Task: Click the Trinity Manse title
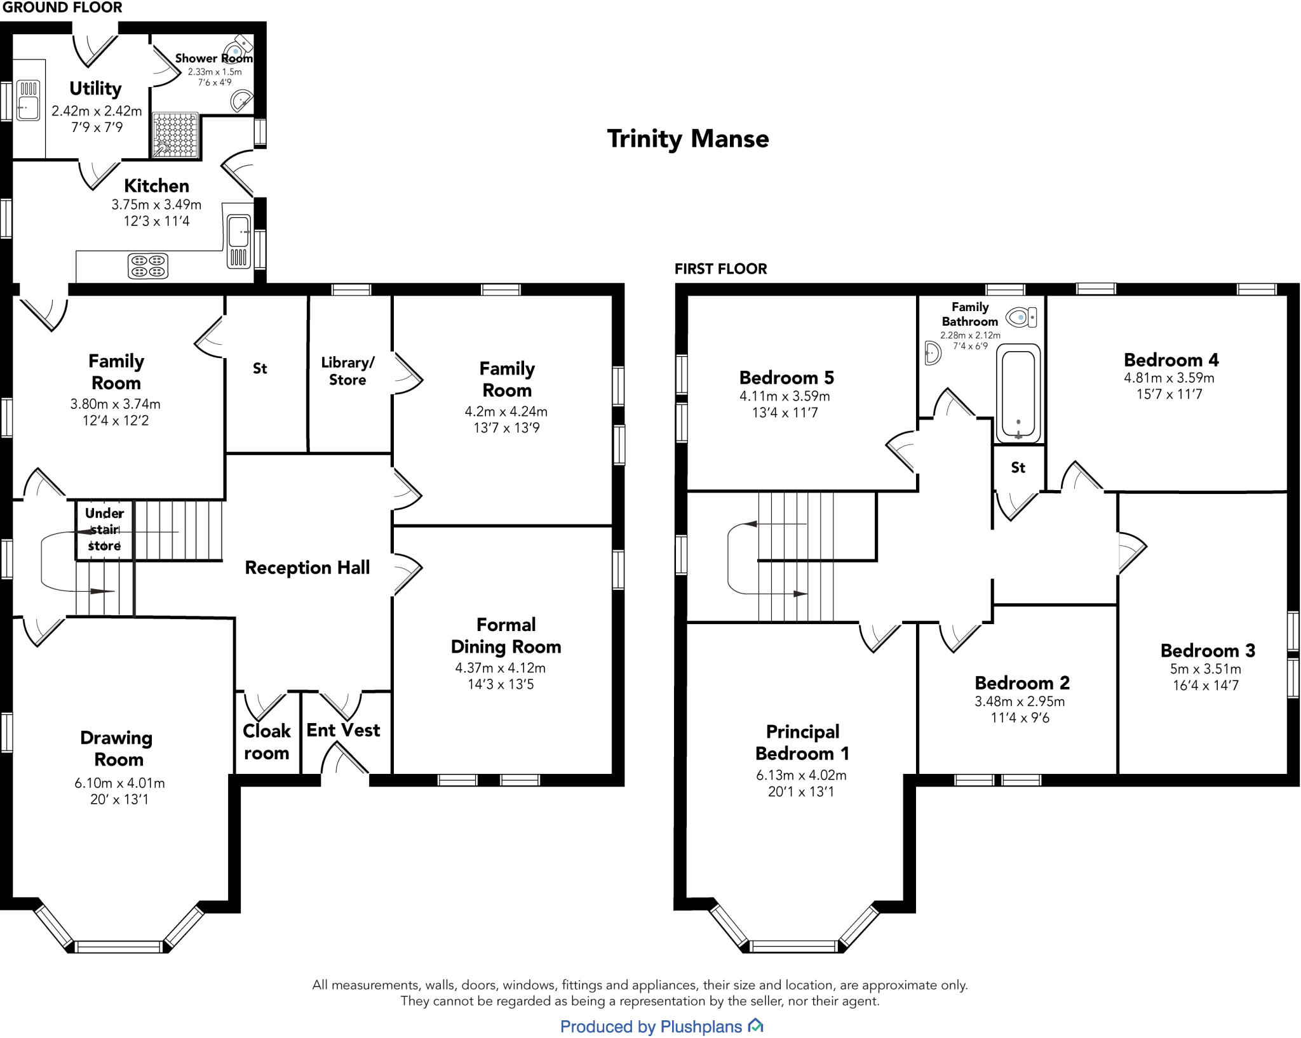pyautogui.click(x=688, y=138)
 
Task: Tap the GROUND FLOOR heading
pyautogui.click(x=62, y=8)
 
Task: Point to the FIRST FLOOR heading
pyautogui.click(x=720, y=269)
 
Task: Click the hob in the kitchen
pyautogui.click(x=148, y=266)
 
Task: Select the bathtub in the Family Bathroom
pyautogui.click(x=1018, y=393)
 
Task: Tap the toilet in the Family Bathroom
pyautogui.click(x=1021, y=316)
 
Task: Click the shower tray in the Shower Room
pyautogui.click(x=175, y=135)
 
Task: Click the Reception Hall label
pyautogui.click(x=307, y=568)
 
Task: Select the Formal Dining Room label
pyautogui.click(x=506, y=635)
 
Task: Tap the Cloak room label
pyautogui.click(x=267, y=742)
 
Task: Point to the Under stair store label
pyautogui.click(x=104, y=529)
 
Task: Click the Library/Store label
pyautogui.click(x=347, y=371)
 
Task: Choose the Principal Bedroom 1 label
pyautogui.click(x=802, y=743)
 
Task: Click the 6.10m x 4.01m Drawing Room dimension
pyautogui.click(x=119, y=783)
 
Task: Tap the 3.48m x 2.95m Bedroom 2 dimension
pyautogui.click(x=1020, y=702)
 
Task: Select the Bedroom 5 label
pyautogui.click(x=786, y=378)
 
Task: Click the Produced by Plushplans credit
pyautogui.click(x=661, y=1027)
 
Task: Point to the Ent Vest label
pyautogui.click(x=343, y=730)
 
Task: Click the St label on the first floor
pyautogui.click(x=1018, y=468)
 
